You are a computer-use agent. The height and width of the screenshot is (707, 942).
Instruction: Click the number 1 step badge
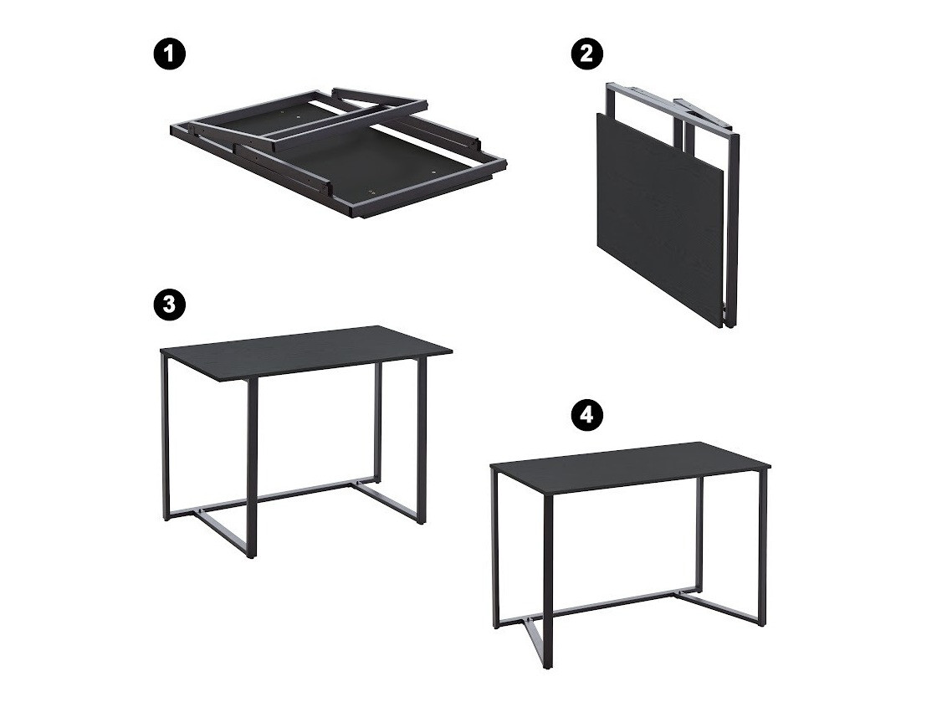pos(170,56)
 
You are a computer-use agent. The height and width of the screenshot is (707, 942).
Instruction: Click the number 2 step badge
pos(586,54)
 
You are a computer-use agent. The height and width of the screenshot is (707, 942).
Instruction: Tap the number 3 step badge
pos(170,304)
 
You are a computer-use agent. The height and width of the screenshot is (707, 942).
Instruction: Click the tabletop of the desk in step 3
pos(305,350)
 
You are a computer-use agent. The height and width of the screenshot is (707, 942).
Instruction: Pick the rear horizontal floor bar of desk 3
pos(284,494)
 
